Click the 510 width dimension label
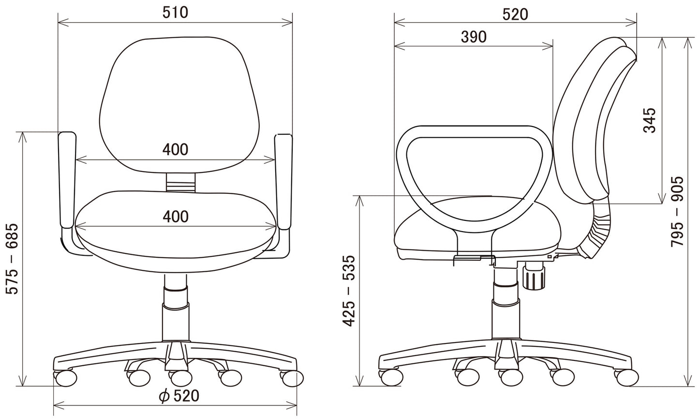(176, 13)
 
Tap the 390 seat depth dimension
(474, 37)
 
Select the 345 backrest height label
(650, 120)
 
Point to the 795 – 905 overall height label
(677, 212)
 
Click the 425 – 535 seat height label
(349, 291)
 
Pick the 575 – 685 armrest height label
(13, 259)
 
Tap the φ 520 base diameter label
(179, 396)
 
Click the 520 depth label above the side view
(515, 15)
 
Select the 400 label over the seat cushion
(176, 216)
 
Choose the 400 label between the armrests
(176, 149)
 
